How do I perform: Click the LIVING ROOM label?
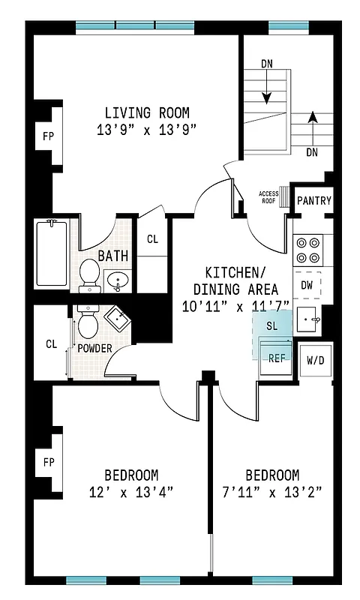pyautogui.click(x=146, y=113)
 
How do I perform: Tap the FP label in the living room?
pyautogui.click(x=47, y=137)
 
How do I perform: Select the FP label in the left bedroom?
pyautogui.click(x=47, y=461)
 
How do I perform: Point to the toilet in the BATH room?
pyautogui.click(x=90, y=274)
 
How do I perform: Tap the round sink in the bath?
pyautogui.click(x=118, y=281)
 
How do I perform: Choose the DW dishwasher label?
pyautogui.click(x=307, y=285)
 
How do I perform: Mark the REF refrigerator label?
pyautogui.click(x=277, y=358)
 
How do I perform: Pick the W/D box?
pyautogui.click(x=316, y=359)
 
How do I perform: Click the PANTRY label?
pyautogui.click(x=313, y=201)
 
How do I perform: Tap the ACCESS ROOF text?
pyautogui.click(x=268, y=196)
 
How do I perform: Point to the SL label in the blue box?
pyautogui.click(x=271, y=326)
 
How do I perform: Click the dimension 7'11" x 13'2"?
pyautogui.click(x=272, y=492)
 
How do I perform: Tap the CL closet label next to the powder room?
pyautogui.click(x=51, y=344)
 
